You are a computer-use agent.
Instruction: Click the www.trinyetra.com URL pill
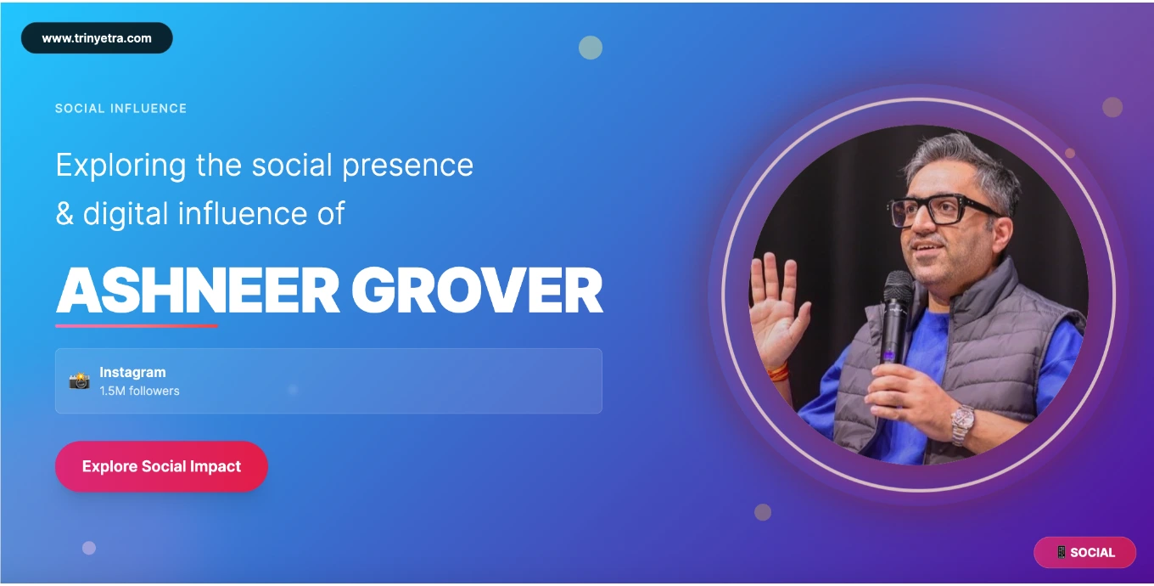coord(97,37)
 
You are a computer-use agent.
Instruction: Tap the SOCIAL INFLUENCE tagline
coord(121,109)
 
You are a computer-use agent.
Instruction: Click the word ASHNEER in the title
coord(198,290)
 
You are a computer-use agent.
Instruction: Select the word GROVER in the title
coord(477,290)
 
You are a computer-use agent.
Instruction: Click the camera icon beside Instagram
coord(80,380)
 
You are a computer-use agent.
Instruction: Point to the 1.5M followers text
coord(140,391)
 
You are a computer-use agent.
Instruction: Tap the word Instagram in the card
coord(133,372)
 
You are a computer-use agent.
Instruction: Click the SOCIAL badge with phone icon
coord(1084,553)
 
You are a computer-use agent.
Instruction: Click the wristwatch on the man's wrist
coord(962,425)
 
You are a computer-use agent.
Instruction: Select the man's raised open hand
coord(778,309)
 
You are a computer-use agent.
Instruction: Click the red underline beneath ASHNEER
coord(137,326)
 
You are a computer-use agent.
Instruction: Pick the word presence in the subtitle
coord(407,166)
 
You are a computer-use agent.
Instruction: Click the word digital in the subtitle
coord(126,213)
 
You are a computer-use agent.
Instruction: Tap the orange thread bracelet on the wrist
coord(777,371)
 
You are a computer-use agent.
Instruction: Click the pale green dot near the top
coord(591,48)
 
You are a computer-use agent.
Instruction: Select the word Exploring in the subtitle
coord(121,166)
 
